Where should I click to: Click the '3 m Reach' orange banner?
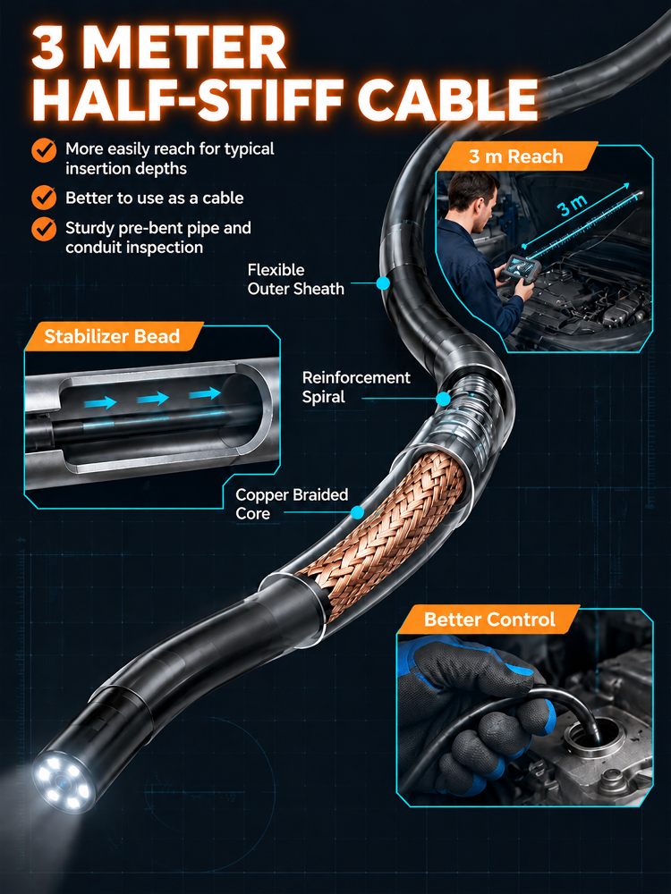(x=516, y=156)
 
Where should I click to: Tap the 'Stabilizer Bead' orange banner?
(x=113, y=336)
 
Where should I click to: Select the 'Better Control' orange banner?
(x=489, y=620)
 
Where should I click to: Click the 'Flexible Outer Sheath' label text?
(x=295, y=279)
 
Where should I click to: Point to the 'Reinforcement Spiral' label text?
(x=356, y=387)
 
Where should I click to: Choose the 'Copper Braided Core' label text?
(x=292, y=504)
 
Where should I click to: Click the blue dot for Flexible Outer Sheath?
(x=383, y=283)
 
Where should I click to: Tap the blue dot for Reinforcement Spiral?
(x=443, y=399)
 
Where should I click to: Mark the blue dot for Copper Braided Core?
(x=358, y=512)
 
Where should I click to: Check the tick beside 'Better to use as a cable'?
(x=43, y=198)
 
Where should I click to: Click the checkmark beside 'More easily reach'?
(x=43, y=150)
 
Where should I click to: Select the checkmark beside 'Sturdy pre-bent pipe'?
(x=43, y=228)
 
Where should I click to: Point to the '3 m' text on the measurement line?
(x=573, y=206)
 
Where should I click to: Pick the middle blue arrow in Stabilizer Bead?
(x=153, y=398)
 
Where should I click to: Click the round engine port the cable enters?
(x=593, y=740)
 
